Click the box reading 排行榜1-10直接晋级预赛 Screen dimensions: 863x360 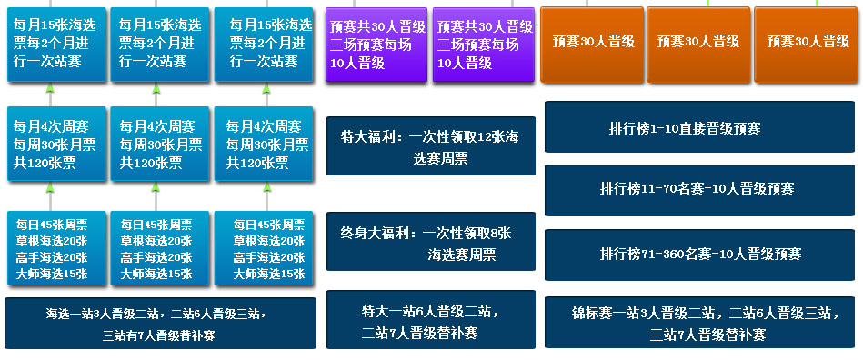[699, 126]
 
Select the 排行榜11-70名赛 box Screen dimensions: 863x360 [699, 190]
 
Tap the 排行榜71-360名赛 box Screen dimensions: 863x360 [699, 255]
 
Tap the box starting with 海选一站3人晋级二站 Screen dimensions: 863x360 [160, 323]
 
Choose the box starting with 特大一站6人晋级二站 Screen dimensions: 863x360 [431, 320]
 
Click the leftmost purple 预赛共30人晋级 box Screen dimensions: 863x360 [376, 45]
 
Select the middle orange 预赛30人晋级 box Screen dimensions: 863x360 [697, 45]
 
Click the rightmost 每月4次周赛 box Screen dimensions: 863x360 [264, 144]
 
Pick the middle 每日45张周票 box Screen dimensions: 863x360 [160, 248]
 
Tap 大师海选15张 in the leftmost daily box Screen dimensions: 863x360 [52, 275]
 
